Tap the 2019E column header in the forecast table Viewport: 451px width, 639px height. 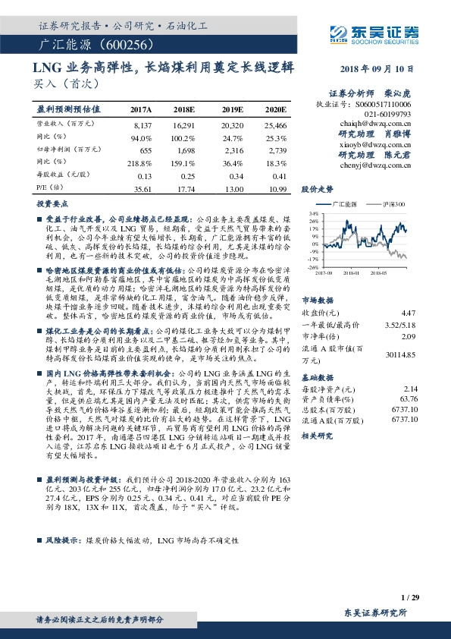pos(231,109)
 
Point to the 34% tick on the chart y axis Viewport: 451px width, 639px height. pos(313,215)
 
